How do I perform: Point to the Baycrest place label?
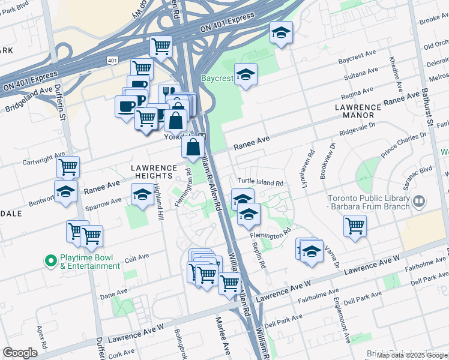click(x=217, y=78)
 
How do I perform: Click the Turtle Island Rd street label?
click(x=260, y=182)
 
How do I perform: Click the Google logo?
click(x=20, y=353)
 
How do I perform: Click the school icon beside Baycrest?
click(x=246, y=75)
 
